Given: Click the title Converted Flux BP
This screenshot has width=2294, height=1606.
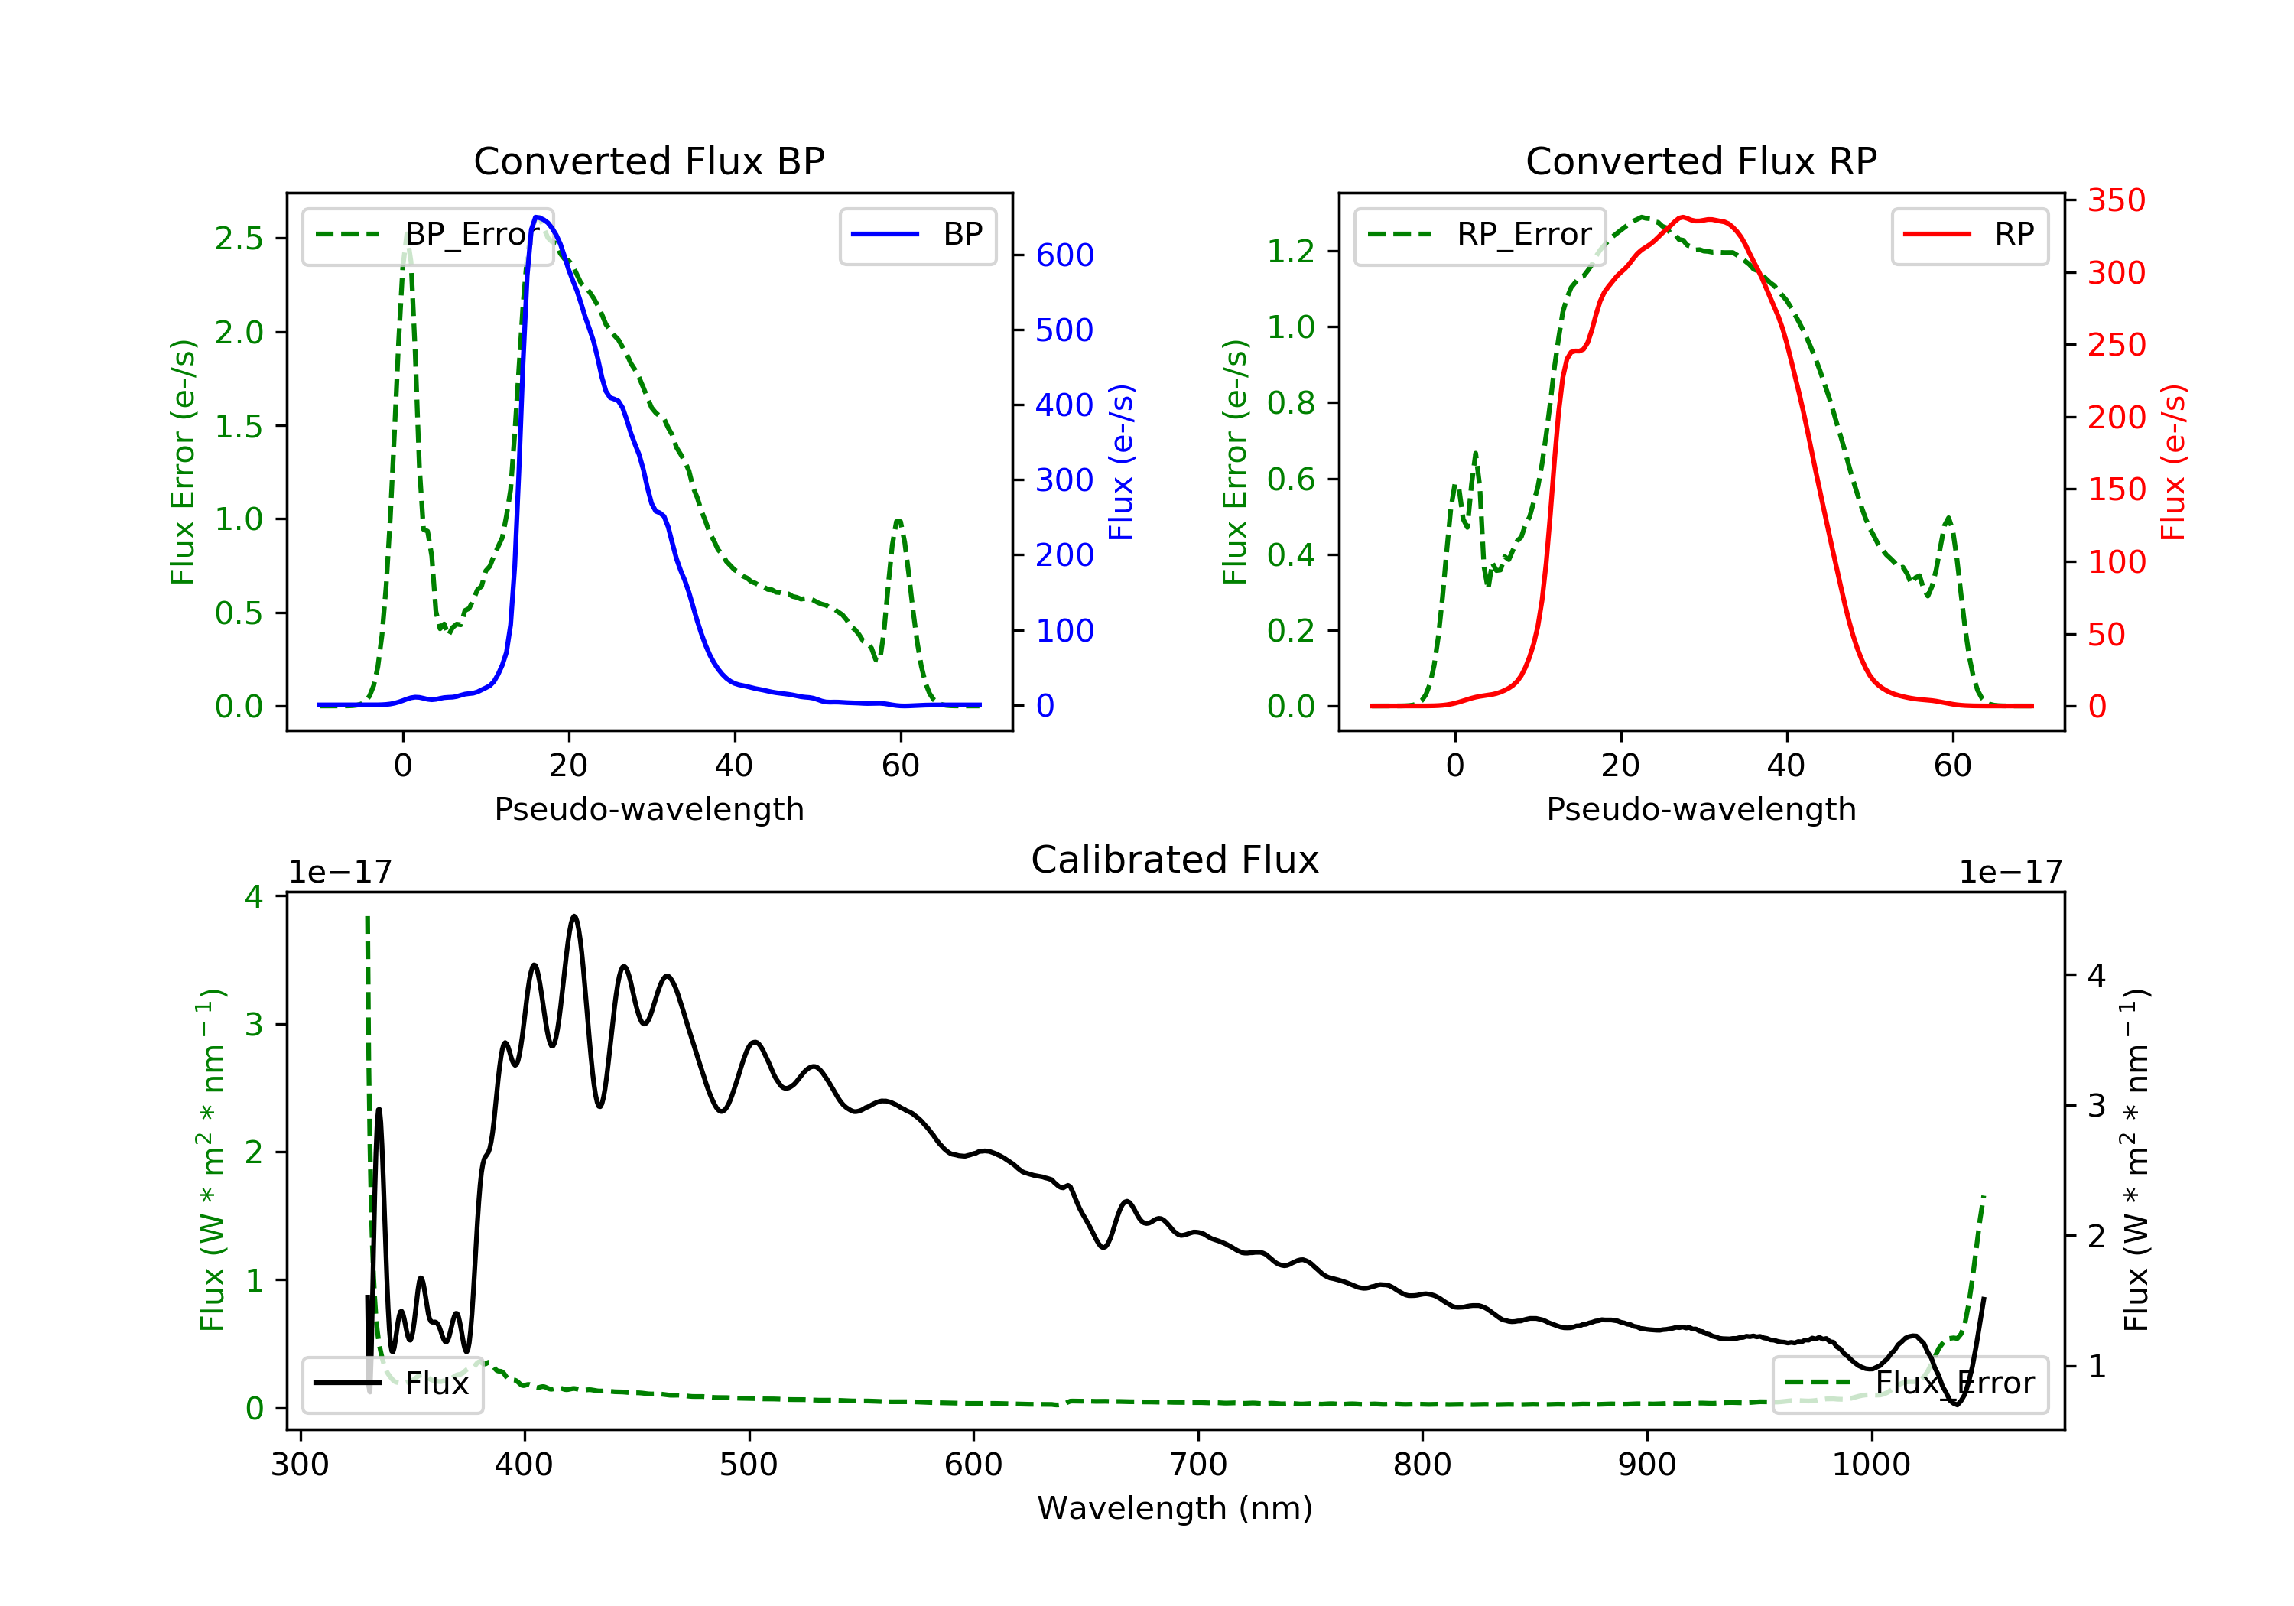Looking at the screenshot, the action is pyautogui.click(x=648, y=161).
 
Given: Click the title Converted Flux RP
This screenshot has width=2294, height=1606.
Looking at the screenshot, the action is pyautogui.click(x=1701, y=161).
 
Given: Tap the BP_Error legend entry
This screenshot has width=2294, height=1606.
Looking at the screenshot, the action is pyautogui.click(x=427, y=235).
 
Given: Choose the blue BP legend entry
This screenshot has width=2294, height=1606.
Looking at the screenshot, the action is pyautogui.click(x=917, y=235).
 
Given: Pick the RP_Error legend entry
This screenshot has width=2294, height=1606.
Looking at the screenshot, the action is pyautogui.click(x=1480, y=235).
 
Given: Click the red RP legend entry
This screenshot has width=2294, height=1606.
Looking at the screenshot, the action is pyautogui.click(x=1969, y=235).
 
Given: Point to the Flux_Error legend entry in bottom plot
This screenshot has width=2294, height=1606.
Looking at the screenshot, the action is pyautogui.click(x=1909, y=1383).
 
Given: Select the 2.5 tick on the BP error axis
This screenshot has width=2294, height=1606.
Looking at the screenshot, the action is pyautogui.click(x=239, y=238).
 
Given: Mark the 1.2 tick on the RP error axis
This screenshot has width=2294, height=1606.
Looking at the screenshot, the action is pyautogui.click(x=1291, y=251).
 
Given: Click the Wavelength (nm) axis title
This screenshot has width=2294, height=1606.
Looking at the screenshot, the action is pyautogui.click(x=1175, y=1508).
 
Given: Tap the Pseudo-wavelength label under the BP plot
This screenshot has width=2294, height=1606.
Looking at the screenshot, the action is pyautogui.click(x=649, y=808).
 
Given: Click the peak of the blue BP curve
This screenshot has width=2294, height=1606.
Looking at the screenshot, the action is pyautogui.click(x=538, y=217).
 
